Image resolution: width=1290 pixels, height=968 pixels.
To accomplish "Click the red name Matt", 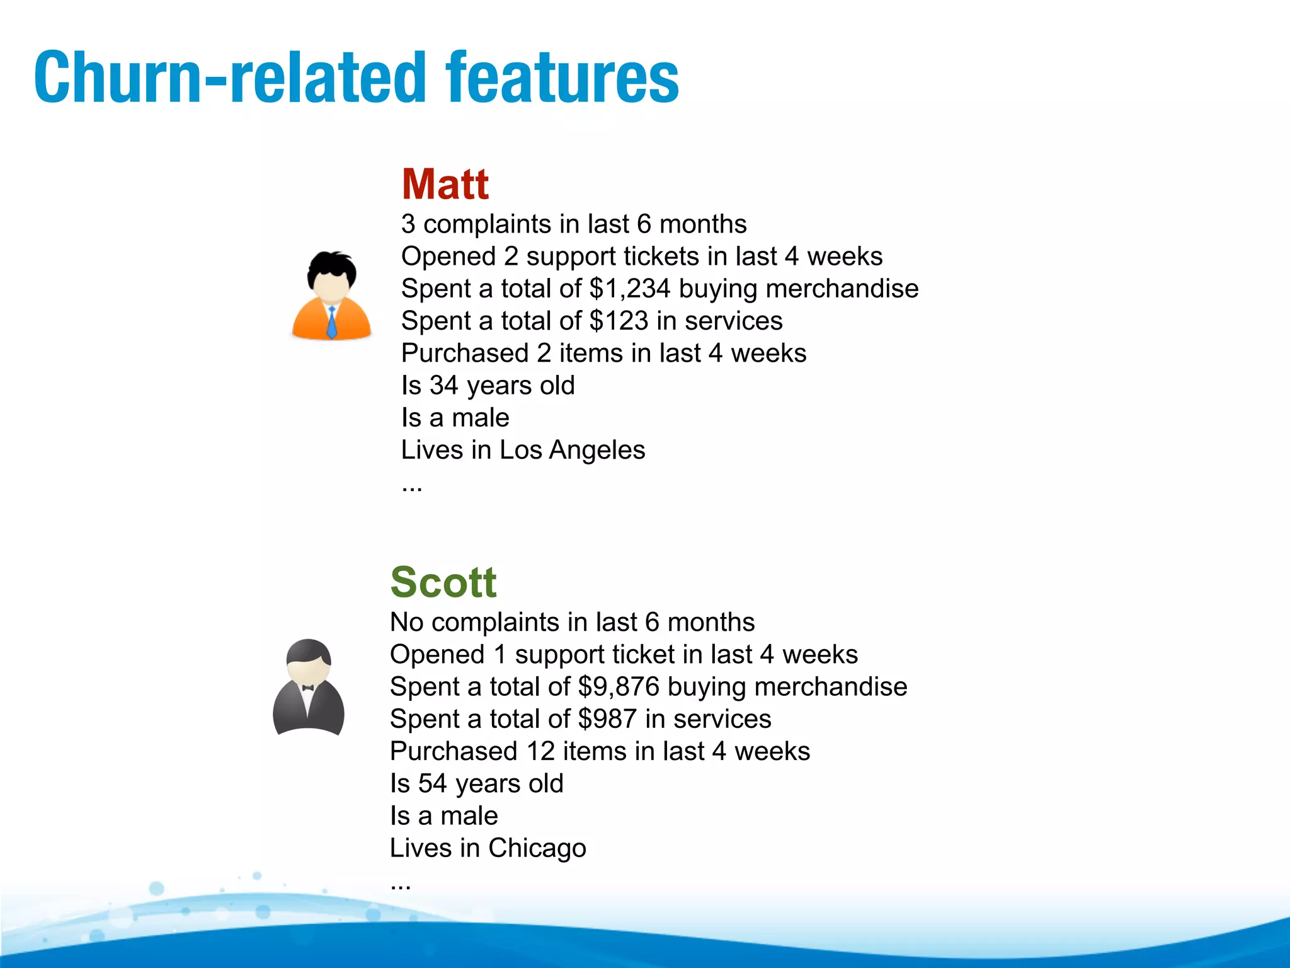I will (x=445, y=184).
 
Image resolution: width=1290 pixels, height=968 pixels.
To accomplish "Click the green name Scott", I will (x=443, y=582).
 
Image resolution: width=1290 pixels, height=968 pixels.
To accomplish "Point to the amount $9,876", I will (x=619, y=687).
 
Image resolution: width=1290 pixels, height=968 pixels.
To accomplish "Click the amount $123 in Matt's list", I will (x=619, y=321).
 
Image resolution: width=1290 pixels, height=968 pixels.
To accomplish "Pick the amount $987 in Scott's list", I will (x=607, y=719).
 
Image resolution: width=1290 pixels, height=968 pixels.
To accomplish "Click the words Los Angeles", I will (x=572, y=450).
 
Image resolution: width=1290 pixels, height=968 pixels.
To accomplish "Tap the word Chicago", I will (x=537, y=848).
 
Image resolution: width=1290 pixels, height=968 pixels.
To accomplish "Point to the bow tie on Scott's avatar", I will (x=308, y=688).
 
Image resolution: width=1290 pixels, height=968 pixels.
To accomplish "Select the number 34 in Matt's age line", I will (x=444, y=386).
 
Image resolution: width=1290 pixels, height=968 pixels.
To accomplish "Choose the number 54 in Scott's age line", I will (x=433, y=784).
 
